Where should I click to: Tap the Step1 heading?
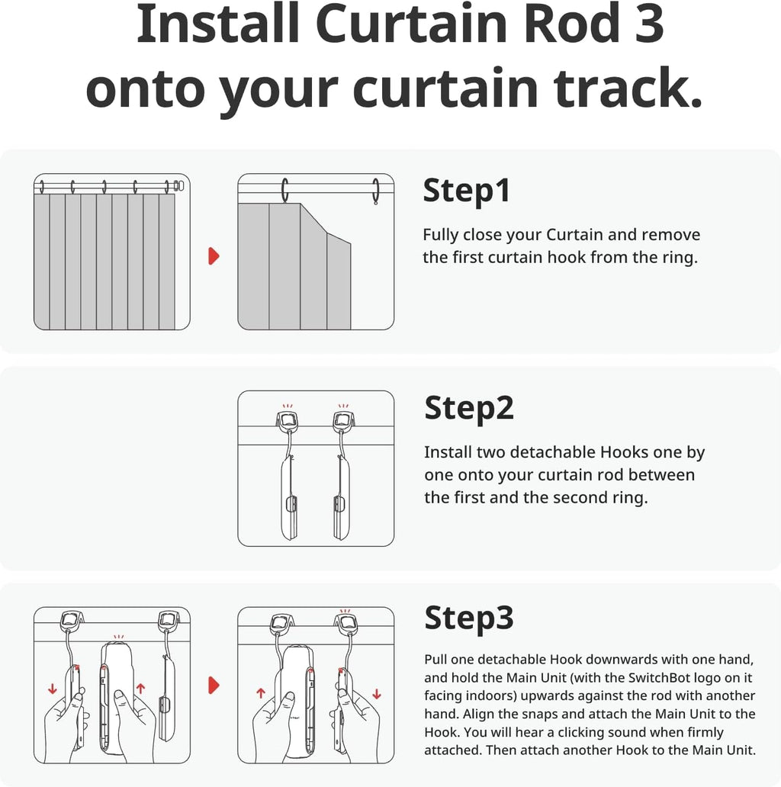(467, 191)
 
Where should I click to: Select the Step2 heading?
(469, 408)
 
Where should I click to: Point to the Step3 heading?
(469, 618)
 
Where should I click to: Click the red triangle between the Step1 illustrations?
(214, 256)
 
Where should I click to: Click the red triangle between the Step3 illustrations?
(214, 686)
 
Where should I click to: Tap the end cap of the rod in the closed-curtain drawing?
(179, 185)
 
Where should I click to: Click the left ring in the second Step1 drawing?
(285, 191)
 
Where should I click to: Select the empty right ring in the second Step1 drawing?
(375, 191)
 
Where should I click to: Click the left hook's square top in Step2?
(288, 419)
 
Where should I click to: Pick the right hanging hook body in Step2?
(341, 496)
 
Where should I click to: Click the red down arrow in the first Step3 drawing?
(52, 689)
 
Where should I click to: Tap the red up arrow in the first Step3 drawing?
(140, 689)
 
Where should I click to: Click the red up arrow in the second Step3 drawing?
(261, 694)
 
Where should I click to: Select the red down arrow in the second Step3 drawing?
(377, 694)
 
